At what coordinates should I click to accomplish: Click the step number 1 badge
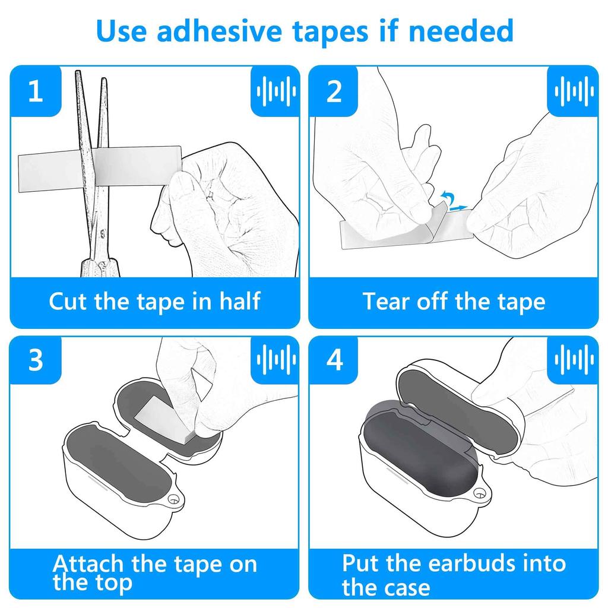pos(36,91)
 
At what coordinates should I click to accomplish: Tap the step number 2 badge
pos(334,91)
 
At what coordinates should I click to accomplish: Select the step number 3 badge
pos(36,360)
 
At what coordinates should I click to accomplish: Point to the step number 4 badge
pos(335,360)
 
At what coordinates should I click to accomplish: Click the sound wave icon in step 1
pos(275,91)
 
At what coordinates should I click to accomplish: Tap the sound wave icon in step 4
pos(574,360)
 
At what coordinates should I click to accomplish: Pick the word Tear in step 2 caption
pos(387,301)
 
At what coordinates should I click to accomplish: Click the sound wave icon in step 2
pos(574,91)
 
